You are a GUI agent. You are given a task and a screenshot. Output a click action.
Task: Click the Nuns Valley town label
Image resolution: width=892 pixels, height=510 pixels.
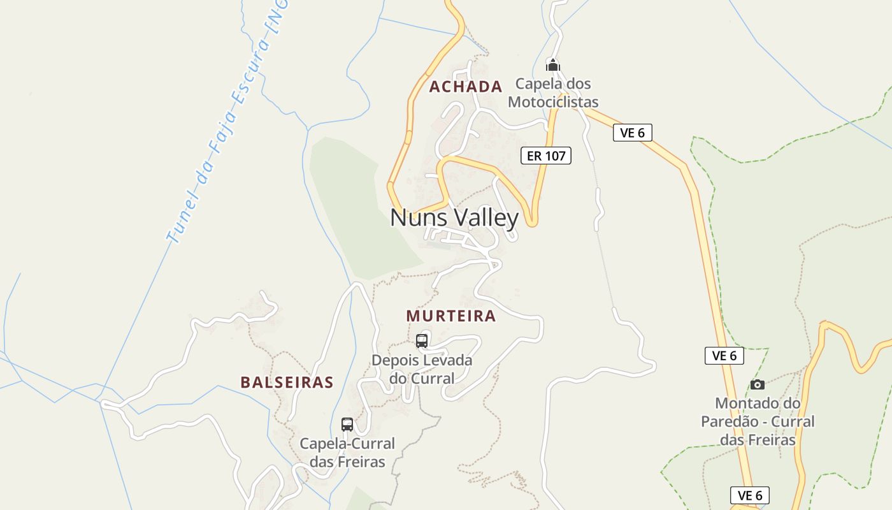pyautogui.click(x=454, y=218)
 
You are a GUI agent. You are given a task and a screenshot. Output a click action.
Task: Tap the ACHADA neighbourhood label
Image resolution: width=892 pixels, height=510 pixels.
pyautogui.click(x=465, y=87)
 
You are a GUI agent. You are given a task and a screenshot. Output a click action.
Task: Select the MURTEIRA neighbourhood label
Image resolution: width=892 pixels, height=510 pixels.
pyautogui.click(x=450, y=316)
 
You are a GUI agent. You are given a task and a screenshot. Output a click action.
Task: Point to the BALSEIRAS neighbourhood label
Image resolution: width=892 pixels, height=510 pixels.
pyautogui.click(x=287, y=382)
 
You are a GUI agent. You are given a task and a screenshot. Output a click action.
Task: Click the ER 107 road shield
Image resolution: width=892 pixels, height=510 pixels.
pyautogui.click(x=546, y=156)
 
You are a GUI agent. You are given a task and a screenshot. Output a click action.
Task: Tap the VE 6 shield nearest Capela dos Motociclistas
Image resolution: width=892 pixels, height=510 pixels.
pyautogui.click(x=632, y=133)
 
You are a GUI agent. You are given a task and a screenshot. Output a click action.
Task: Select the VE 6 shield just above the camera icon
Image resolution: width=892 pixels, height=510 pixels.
pyautogui.click(x=724, y=356)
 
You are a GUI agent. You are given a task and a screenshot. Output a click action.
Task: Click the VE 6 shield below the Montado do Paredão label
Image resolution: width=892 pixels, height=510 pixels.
pyautogui.click(x=750, y=495)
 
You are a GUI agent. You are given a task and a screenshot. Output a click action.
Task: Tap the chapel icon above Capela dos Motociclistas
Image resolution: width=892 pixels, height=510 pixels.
pyautogui.click(x=553, y=65)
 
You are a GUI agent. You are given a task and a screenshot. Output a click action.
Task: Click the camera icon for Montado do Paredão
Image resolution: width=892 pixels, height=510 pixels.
pyautogui.click(x=757, y=384)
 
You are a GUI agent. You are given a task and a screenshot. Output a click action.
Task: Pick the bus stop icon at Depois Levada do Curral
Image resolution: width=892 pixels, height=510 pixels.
pyautogui.click(x=422, y=340)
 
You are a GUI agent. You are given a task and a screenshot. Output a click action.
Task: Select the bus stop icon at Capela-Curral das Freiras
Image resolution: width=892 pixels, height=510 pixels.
pyautogui.click(x=347, y=425)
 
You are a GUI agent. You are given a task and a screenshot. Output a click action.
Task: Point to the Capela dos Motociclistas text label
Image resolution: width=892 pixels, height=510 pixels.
pyautogui.click(x=553, y=93)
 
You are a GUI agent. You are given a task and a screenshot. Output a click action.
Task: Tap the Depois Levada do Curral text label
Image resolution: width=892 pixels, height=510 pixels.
pyautogui.click(x=422, y=369)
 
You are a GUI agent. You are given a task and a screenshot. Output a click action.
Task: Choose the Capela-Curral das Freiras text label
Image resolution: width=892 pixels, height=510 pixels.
pyautogui.click(x=347, y=453)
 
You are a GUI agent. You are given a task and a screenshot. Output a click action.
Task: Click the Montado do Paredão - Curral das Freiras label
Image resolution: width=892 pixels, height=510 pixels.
pyautogui.click(x=758, y=421)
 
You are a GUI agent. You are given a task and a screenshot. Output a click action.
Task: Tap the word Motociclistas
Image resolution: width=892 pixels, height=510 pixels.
pyautogui.click(x=553, y=102)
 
